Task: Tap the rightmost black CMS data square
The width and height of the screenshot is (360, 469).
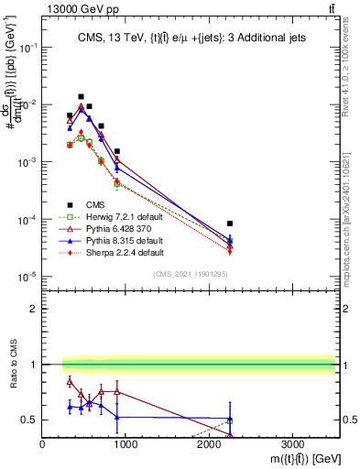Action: tap(230, 224)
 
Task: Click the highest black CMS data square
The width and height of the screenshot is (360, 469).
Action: tap(81, 96)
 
